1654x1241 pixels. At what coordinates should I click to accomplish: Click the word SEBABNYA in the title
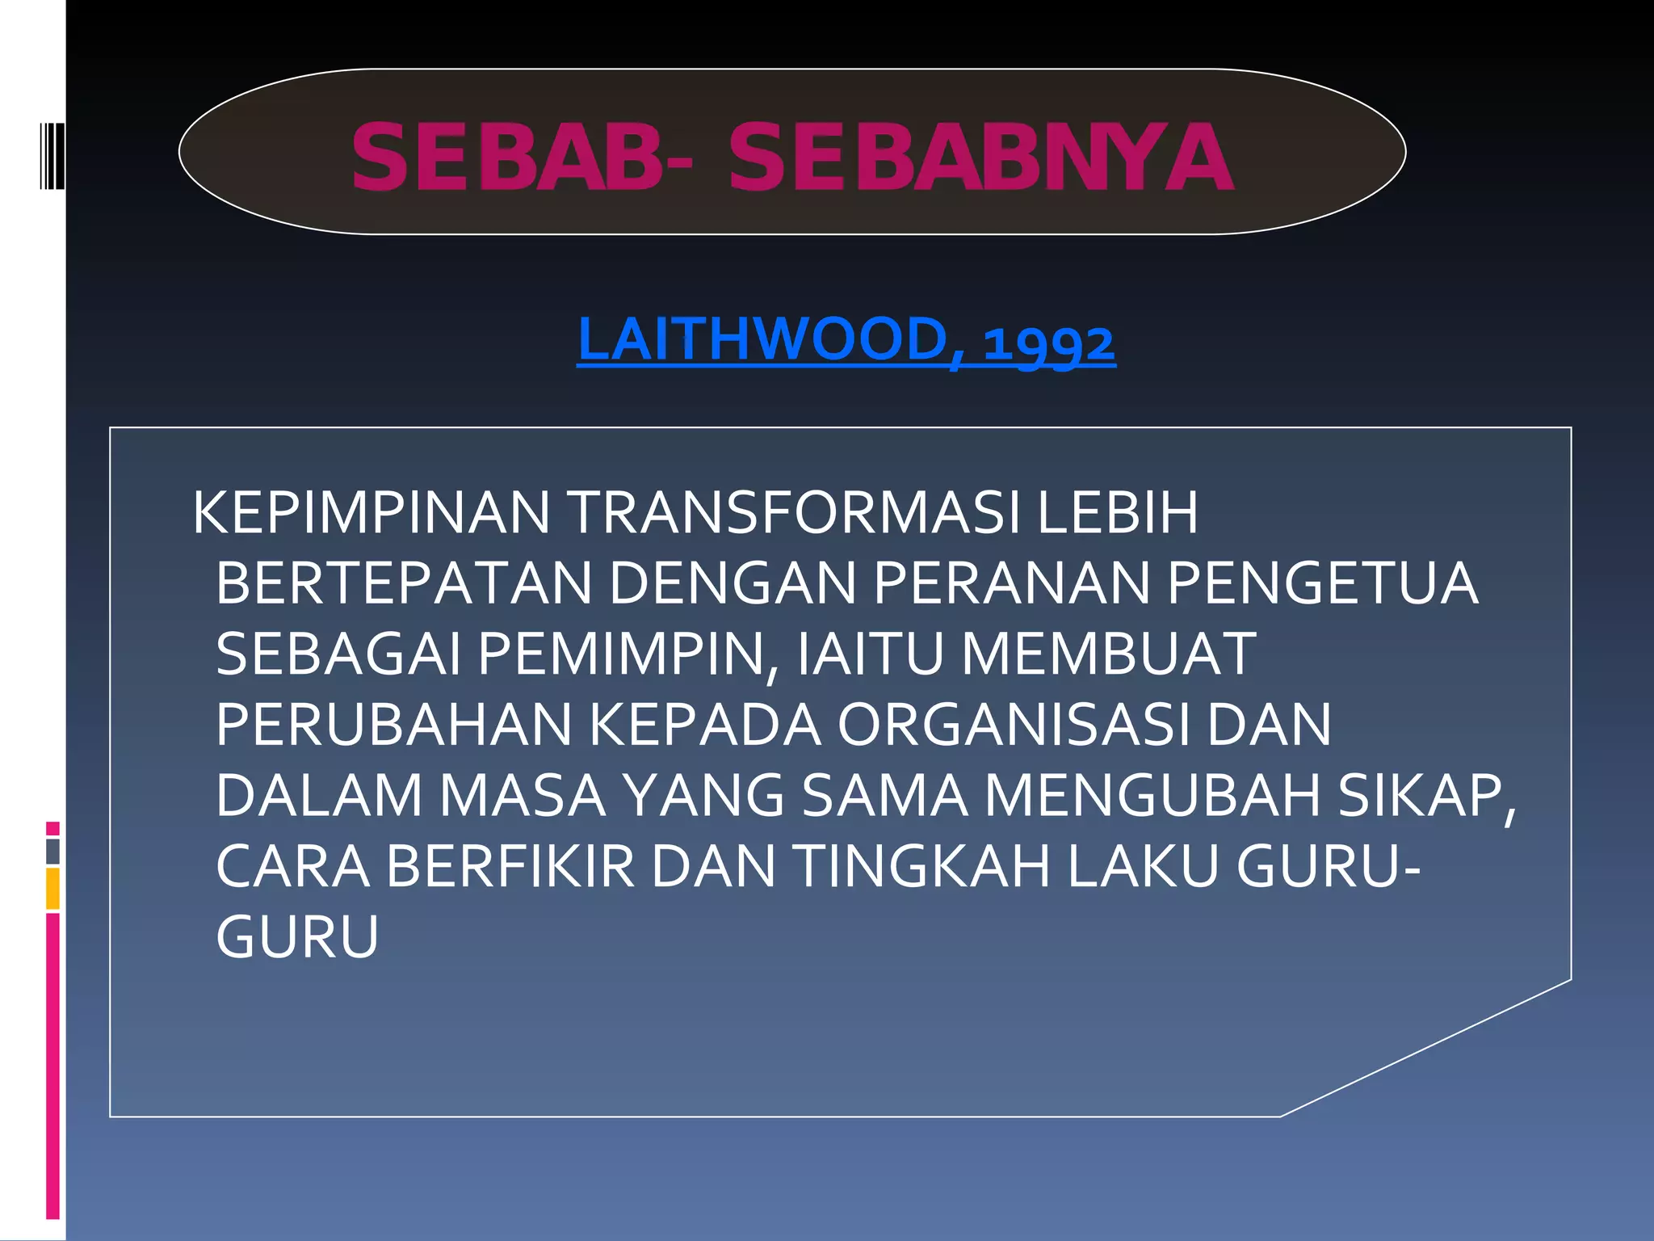[x=980, y=157]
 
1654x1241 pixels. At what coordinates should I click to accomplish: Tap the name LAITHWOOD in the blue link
[x=762, y=340]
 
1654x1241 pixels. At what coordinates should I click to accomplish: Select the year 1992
[x=1048, y=343]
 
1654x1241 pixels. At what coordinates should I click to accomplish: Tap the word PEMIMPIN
[x=620, y=654]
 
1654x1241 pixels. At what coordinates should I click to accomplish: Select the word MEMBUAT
[x=1108, y=654]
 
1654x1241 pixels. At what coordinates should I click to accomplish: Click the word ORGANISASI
[x=1013, y=725]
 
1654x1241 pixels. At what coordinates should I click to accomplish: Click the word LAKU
[x=1143, y=867]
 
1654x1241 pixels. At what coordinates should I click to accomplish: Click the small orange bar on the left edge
[x=52, y=888]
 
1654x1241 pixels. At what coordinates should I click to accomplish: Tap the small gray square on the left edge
[x=52, y=851]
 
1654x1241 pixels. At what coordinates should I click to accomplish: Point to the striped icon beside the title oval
[x=52, y=156]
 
